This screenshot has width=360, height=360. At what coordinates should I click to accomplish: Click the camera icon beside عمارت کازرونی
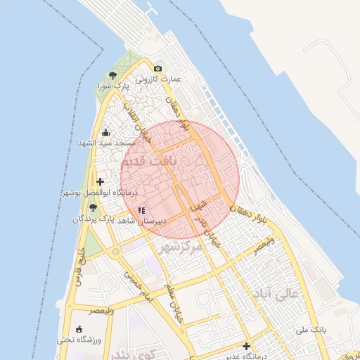tap(157, 68)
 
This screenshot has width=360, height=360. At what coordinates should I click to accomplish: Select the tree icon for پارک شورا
tap(112, 75)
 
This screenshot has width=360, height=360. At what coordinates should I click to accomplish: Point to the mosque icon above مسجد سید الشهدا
tap(105, 132)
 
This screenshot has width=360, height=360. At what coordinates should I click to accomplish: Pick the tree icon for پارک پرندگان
tap(93, 207)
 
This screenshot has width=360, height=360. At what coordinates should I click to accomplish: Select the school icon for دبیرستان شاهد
tap(141, 210)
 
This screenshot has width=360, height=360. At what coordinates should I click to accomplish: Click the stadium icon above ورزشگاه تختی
tap(78, 329)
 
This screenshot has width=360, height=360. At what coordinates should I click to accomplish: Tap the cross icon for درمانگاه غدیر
tap(246, 346)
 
